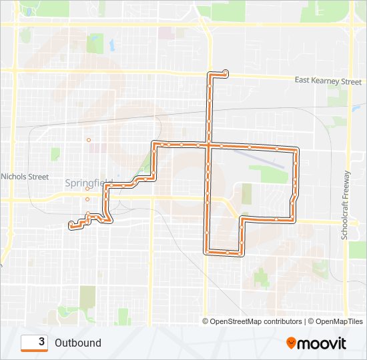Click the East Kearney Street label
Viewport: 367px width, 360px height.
pyautogui.click(x=328, y=81)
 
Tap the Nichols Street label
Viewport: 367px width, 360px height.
pyautogui.click(x=25, y=177)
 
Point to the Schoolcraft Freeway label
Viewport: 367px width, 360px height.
pyautogui.click(x=346, y=205)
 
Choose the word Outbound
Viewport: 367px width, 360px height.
pyautogui.click(x=78, y=343)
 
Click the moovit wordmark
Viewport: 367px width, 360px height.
pyautogui.click(x=322, y=343)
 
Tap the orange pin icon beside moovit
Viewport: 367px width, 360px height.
pyautogui.click(x=291, y=343)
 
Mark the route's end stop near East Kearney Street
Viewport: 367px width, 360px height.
pyautogui.click(x=226, y=72)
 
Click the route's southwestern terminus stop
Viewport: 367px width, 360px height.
pyautogui.click(x=70, y=225)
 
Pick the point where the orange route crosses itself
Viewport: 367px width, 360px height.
pyautogui.click(x=208, y=144)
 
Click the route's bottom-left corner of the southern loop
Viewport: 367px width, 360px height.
pyautogui.click(x=206, y=252)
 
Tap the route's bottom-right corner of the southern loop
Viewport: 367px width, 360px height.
pyautogui.click(x=243, y=253)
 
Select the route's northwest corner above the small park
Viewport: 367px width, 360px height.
pyautogui.click(x=155, y=144)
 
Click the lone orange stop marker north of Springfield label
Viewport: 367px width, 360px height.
pyautogui.click(x=88, y=139)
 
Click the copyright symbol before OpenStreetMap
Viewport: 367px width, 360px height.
pyautogui.click(x=206, y=321)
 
